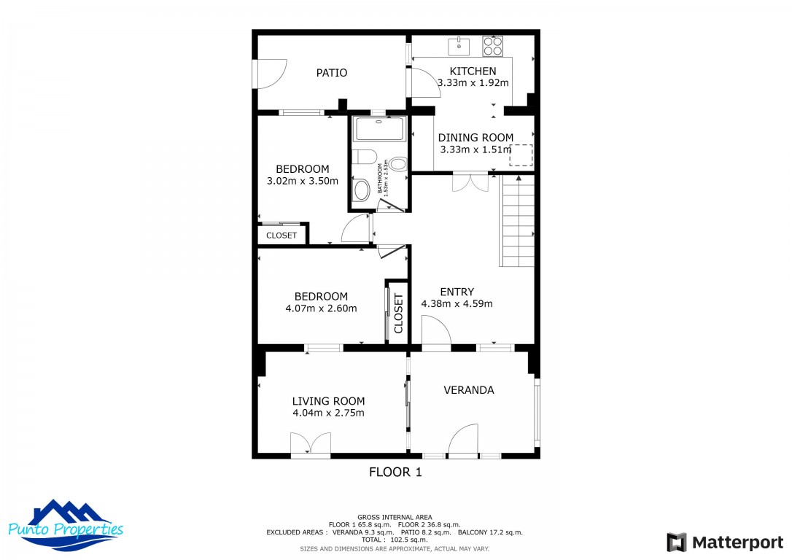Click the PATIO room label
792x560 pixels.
point(331,73)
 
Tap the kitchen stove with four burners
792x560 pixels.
point(492,46)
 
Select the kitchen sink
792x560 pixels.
point(459,47)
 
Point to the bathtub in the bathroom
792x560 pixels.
point(379,129)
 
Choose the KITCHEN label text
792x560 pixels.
point(473,71)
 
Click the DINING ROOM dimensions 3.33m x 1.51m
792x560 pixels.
point(475,149)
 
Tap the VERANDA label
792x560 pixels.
point(469,390)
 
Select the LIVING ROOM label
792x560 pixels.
point(328,402)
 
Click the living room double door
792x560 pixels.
point(311,443)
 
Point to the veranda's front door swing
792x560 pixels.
point(463,438)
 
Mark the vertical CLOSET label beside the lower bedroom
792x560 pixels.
point(398,314)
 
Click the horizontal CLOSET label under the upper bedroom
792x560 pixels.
point(282,236)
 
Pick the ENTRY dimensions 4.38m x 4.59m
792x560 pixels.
point(457,303)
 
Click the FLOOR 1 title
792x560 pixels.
point(395,472)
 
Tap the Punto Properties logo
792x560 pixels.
point(66,526)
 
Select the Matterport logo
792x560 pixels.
point(725,542)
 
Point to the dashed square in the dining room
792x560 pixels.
point(521,155)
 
